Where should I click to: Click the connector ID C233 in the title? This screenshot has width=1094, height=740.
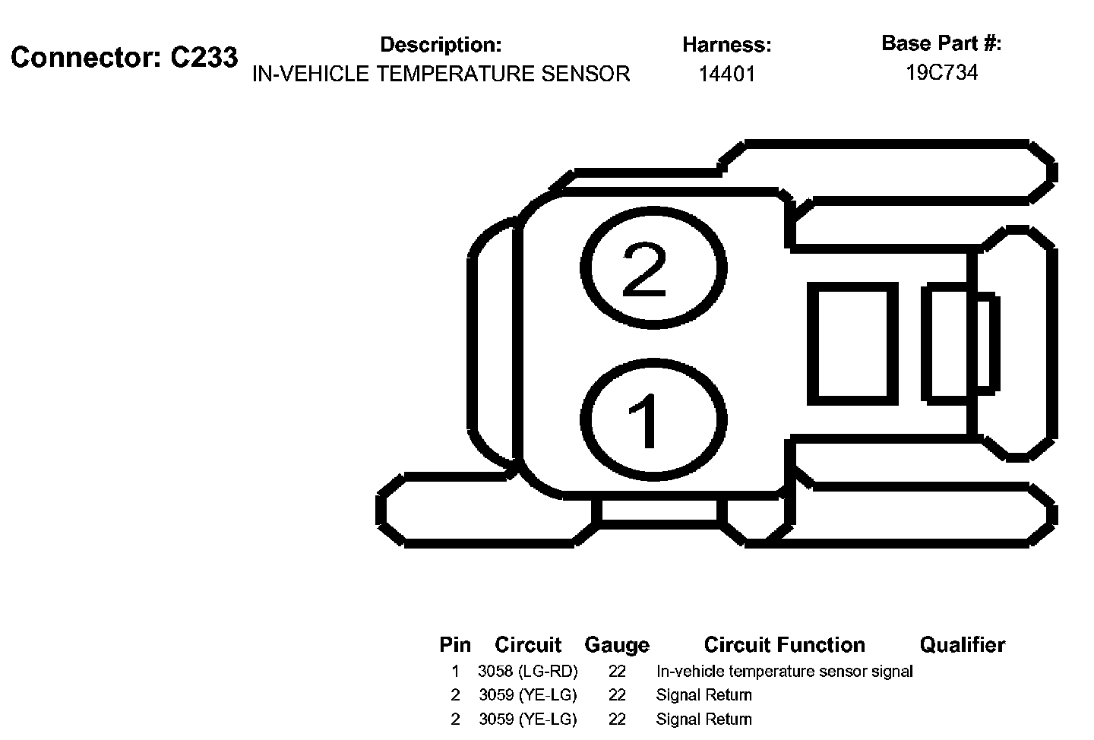click(204, 58)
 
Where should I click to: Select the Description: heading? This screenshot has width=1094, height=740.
click(441, 45)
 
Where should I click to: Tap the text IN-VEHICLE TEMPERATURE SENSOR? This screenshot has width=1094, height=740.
click(441, 74)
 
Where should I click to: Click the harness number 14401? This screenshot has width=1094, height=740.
click(727, 74)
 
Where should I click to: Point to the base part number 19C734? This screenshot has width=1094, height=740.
click(941, 73)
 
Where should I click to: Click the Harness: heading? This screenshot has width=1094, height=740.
click(727, 46)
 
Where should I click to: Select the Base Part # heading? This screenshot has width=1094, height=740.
click(941, 44)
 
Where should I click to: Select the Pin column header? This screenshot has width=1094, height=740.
click(455, 645)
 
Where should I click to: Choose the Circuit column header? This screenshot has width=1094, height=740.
click(528, 645)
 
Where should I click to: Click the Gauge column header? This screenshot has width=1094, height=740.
click(617, 645)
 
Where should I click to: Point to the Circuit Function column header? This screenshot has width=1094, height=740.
click(784, 645)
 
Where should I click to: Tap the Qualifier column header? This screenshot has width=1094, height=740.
click(962, 645)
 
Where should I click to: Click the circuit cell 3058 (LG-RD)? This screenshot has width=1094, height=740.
click(528, 672)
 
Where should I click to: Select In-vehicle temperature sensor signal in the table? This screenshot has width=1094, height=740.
click(784, 672)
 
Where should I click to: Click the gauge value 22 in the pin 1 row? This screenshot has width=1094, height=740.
click(617, 672)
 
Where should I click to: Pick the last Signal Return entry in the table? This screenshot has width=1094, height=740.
click(704, 719)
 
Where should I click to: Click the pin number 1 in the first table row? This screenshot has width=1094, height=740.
click(455, 672)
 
